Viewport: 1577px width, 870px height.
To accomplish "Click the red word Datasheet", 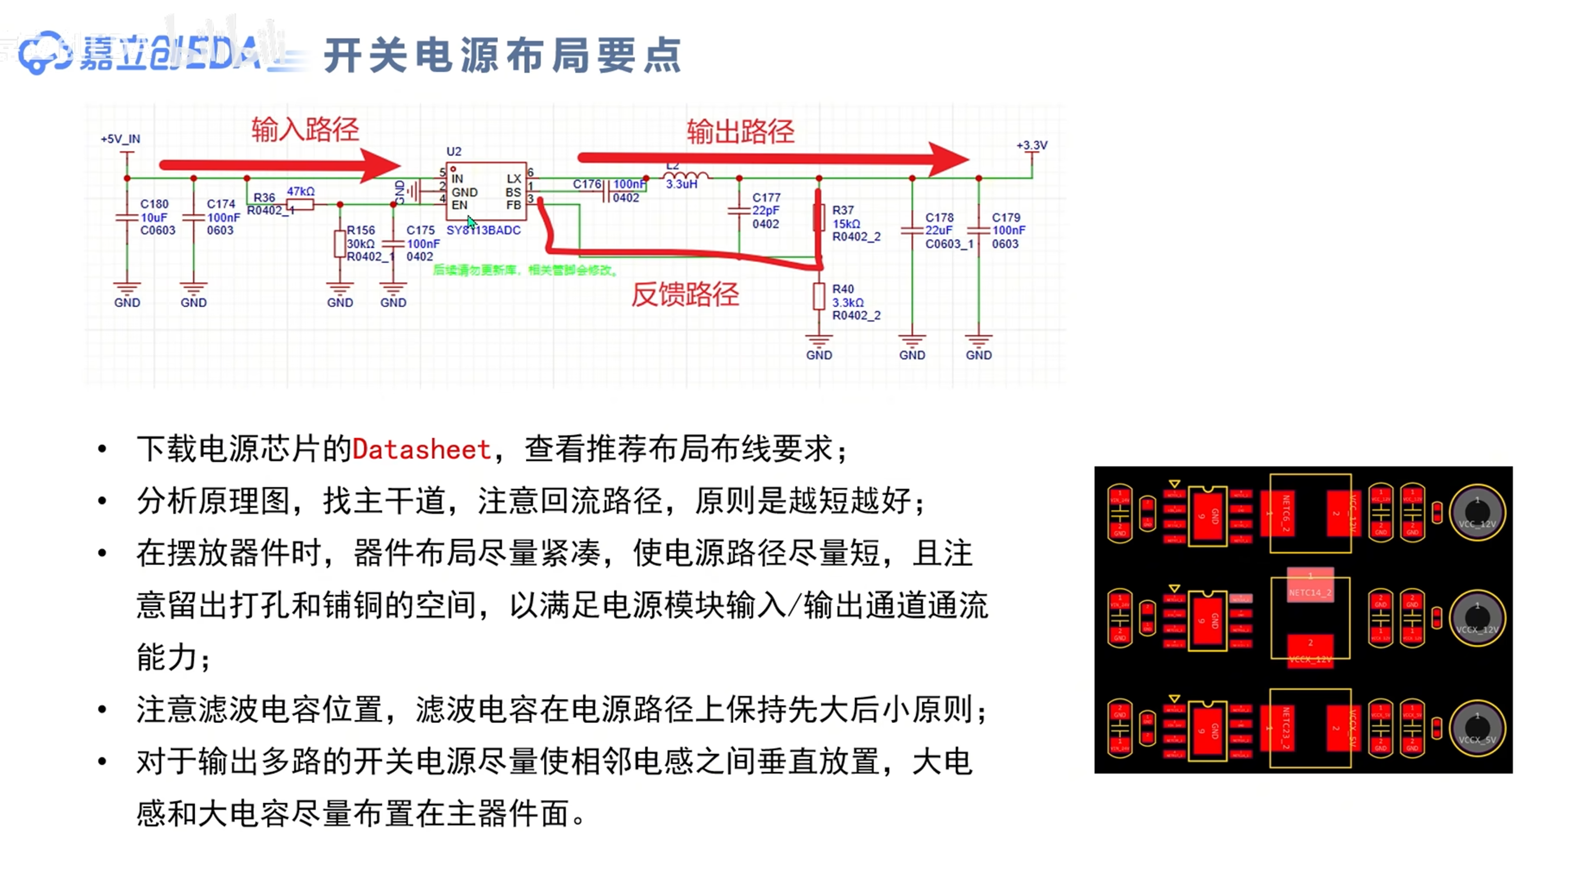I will tap(421, 450).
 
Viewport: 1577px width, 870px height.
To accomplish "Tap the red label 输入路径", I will tap(305, 129).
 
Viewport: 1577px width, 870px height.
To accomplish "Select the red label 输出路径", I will tap(740, 132).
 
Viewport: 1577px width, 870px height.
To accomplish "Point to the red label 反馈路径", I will tap(685, 294).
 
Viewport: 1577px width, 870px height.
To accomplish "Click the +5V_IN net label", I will tap(121, 139).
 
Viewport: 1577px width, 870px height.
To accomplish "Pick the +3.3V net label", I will tap(1031, 146).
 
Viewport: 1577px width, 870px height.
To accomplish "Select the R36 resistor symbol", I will tap(300, 205).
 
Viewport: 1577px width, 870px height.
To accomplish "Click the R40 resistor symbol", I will tap(819, 296).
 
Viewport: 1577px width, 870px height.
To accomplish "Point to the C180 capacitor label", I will tap(154, 204).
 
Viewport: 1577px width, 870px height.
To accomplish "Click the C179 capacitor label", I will tap(1006, 217).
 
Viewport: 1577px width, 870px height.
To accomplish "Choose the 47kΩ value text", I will tap(300, 192).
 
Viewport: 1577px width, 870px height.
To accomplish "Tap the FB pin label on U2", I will tap(513, 205).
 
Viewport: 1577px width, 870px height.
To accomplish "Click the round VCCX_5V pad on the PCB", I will tap(1476, 728).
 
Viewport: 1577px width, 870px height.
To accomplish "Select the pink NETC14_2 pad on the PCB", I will tap(1310, 586).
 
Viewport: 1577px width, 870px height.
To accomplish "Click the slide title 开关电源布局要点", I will tap(503, 56).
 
